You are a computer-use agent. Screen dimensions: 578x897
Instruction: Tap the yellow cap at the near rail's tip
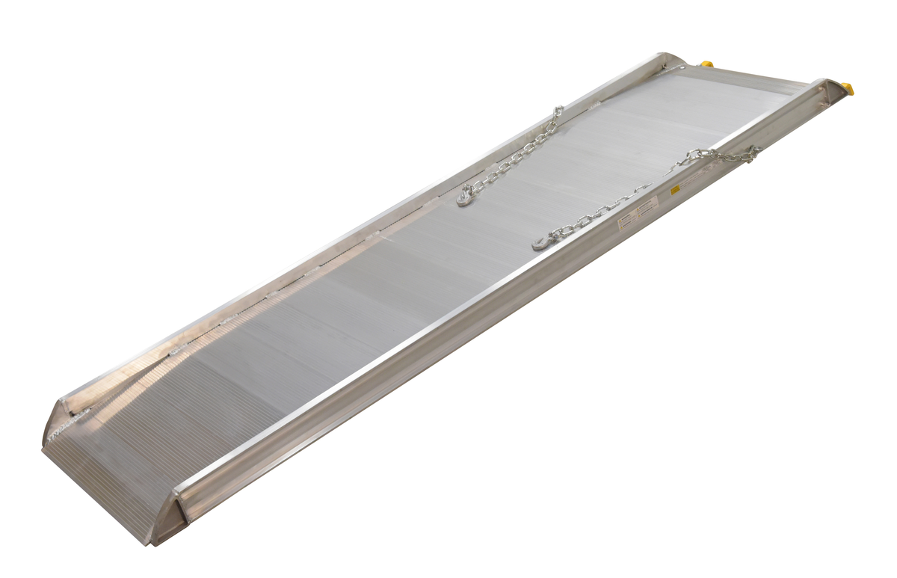tap(848, 89)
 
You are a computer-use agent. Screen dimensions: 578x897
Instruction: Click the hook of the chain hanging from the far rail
tap(465, 197)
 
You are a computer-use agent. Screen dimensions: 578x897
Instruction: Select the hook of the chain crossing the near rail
tap(542, 242)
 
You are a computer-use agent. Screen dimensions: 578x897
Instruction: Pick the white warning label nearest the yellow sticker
tap(648, 204)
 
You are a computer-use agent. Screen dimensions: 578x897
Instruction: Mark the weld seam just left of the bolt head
tap(676, 69)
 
